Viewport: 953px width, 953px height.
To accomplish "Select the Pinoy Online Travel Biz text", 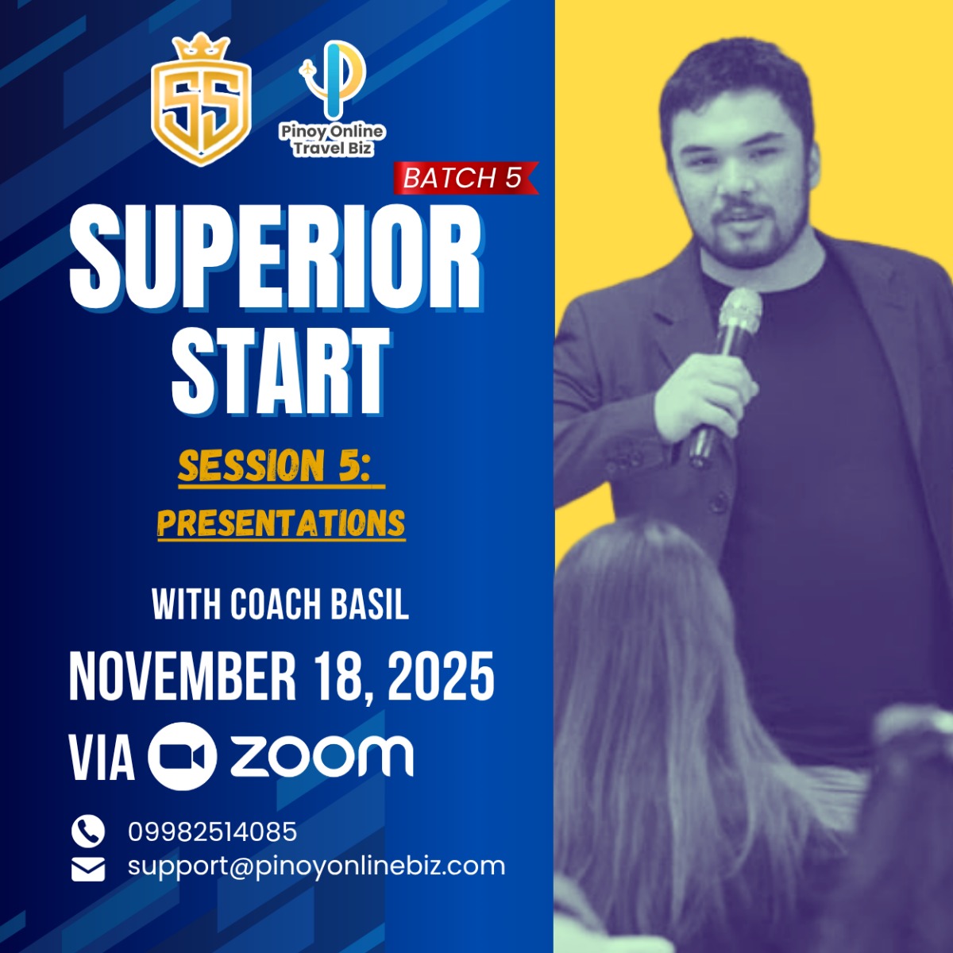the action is point(332,141).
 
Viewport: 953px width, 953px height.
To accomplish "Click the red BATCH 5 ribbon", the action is point(465,178).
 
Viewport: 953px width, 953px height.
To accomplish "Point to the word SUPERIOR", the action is point(276,257).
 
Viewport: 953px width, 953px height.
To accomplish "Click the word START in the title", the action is point(280,370).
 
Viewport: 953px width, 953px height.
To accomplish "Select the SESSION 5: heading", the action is point(281,467).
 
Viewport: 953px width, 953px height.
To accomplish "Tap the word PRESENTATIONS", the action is point(281,523).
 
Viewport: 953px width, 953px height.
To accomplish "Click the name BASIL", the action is point(370,604).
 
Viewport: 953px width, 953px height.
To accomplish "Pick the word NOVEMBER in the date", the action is point(182,675).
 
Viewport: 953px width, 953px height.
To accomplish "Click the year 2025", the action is point(441,675).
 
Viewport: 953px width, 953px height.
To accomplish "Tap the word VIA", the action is point(102,757).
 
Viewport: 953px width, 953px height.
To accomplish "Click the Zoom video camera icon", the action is point(183,756).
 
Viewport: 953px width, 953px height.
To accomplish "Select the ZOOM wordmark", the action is point(322,757).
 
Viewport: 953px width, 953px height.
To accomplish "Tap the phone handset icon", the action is point(88,831).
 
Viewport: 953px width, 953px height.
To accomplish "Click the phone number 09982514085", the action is point(213,831).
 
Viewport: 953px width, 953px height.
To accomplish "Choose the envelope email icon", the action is point(88,870).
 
